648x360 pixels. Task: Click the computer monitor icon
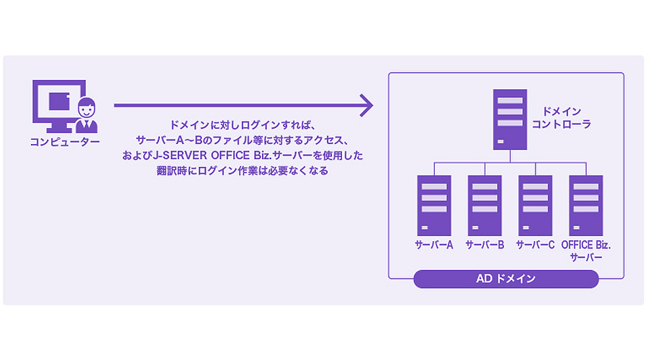59,106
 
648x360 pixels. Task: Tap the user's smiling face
86,109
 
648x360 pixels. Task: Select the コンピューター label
65,142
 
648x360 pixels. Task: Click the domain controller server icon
510,120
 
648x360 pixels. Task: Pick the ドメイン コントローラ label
561,118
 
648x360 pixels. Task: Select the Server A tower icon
434,205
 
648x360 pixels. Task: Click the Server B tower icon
485,205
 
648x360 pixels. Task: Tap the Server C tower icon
535,205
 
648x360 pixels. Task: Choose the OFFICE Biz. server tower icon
585,205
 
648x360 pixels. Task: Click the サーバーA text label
434,245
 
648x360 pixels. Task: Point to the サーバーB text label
485,245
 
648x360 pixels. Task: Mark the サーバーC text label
535,245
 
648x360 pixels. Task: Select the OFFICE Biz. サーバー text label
585,251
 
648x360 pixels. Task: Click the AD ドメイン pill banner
506,279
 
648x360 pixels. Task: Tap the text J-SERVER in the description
180,156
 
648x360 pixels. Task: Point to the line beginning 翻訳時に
242,171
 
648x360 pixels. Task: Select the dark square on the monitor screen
59,102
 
